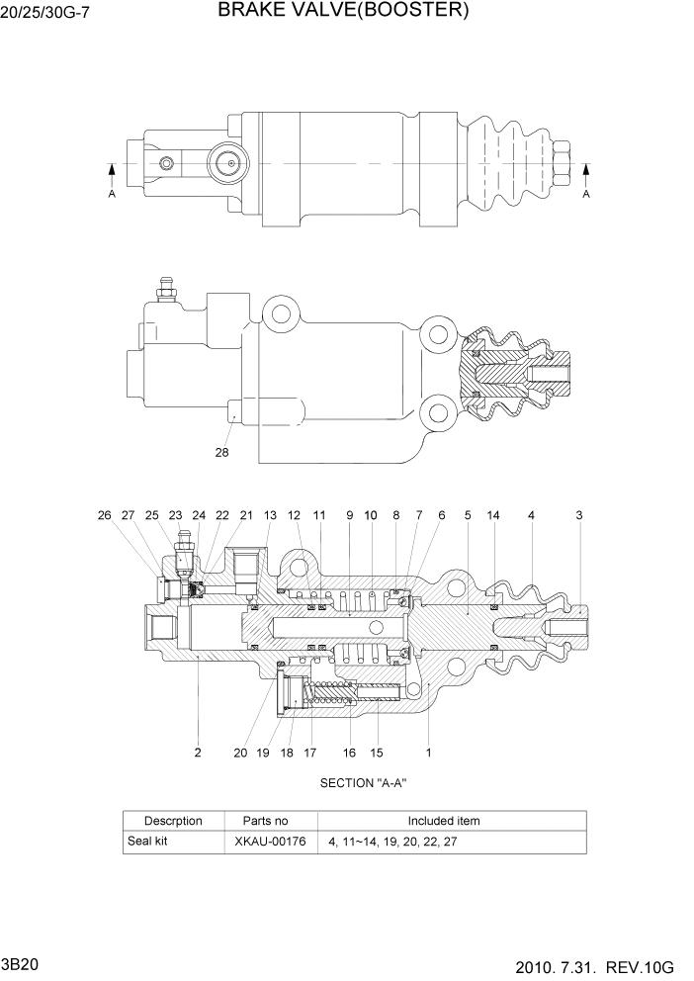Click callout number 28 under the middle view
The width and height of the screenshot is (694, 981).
point(221,453)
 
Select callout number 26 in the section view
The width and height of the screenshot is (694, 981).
point(104,515)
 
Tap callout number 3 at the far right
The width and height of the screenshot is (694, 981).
point(579,515)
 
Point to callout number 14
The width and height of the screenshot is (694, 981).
point(493,515)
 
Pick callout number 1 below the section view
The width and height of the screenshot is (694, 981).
point(428,753)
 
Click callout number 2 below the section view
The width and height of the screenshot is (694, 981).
point(198,753)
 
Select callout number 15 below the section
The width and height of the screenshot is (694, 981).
point(377,753)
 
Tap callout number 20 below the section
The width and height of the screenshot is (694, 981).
point(240,753)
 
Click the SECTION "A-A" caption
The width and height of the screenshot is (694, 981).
point(364,782)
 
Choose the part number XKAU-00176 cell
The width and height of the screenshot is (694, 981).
point(270,843)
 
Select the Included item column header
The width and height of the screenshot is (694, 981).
point(444,821)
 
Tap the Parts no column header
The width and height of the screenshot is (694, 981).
point(265,821)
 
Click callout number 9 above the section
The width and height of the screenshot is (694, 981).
point(349,515)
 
